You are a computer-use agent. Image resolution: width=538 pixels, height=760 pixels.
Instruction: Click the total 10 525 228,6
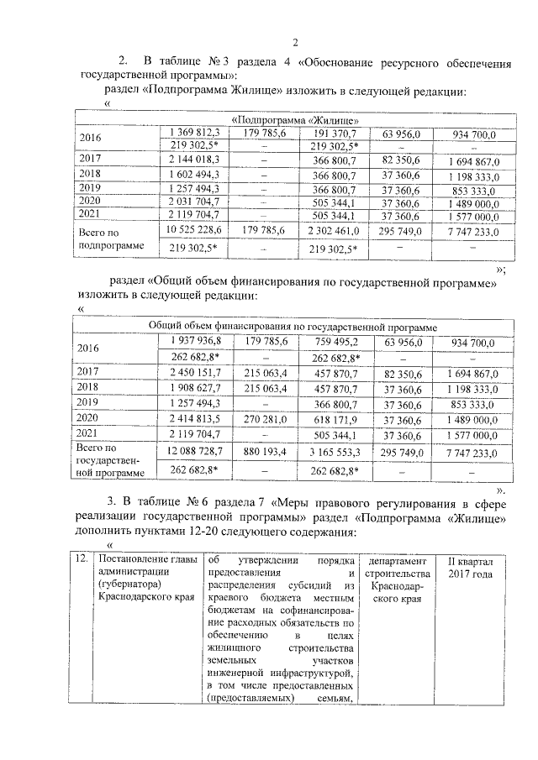tap(194, 229)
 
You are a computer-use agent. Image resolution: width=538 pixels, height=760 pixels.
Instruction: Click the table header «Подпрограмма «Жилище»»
tap(291, 119)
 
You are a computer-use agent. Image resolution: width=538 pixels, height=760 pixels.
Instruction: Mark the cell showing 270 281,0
tap(266, 417)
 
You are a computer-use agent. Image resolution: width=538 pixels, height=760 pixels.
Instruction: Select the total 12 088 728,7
tap(194, 452)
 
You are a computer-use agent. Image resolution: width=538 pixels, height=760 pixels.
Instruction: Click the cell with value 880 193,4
tap(266, 452)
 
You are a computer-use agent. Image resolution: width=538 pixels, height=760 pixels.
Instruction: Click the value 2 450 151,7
tap(194, 370)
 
